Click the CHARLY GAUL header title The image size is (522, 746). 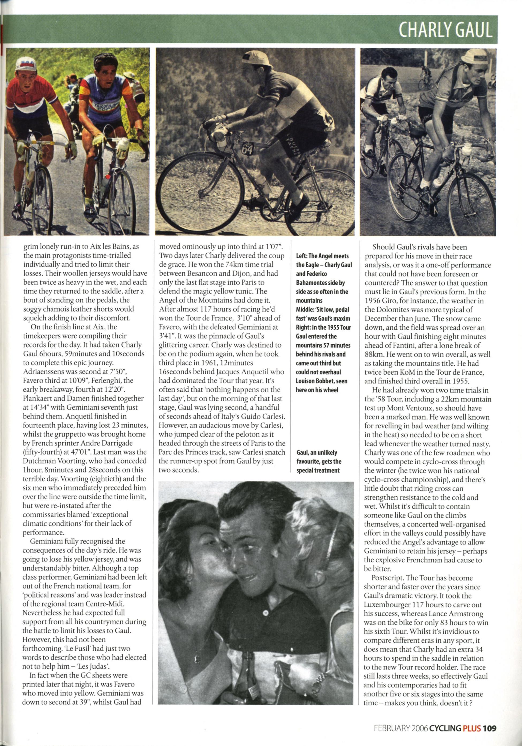445,30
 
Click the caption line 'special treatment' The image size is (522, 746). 318,470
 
